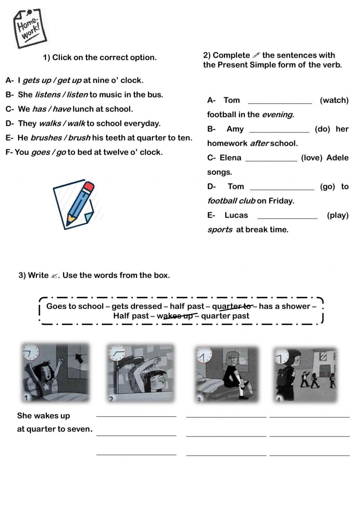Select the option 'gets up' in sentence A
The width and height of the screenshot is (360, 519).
coord(36,81)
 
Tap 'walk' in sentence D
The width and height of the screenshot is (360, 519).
coord(76,124)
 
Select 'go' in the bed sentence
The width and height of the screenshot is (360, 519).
coord(61,152)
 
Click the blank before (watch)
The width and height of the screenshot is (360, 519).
coord(280,101)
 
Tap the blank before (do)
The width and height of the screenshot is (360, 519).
coord(279,129)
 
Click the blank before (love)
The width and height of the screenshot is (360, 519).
coord(271,158)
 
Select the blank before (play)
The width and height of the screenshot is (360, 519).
coord(288,216)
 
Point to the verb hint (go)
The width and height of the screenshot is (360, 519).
coord(327,187)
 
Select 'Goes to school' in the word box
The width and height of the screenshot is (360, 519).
coord(74,306)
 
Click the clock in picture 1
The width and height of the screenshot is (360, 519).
coord(31,352)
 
